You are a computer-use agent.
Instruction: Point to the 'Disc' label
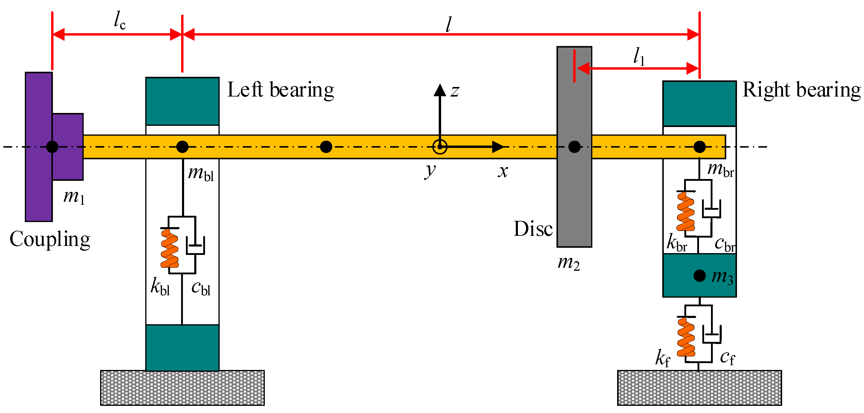(x=533, y=229)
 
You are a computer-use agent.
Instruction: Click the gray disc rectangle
(x=574, y=201)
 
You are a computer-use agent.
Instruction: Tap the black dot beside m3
(x=699, y=276)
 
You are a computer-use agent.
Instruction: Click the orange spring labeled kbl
(x=170, y=248)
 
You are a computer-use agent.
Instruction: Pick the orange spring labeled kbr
(x=686, y=211)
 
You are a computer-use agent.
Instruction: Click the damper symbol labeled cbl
(x=195, y=246)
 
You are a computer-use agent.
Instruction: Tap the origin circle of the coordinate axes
(x=440, y=147)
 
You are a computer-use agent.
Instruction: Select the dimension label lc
(x=120, y=21)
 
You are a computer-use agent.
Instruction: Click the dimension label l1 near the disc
(x=639, y=56)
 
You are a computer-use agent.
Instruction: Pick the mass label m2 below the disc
(x=568, y=263)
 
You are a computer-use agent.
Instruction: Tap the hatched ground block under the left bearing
(x=182, y=388)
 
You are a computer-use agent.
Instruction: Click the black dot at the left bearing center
(x=182, y=147)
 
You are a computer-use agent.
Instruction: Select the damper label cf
(x=727, y=358)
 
